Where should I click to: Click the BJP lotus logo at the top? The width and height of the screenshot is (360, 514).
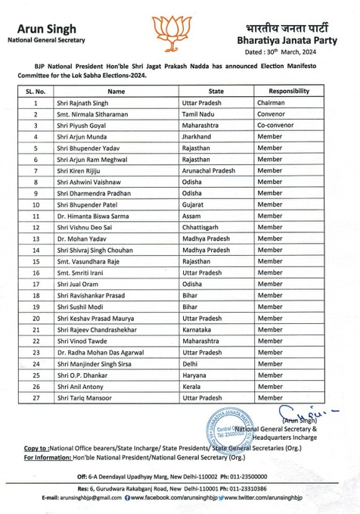pyautogui.click(x=179, y=29)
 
